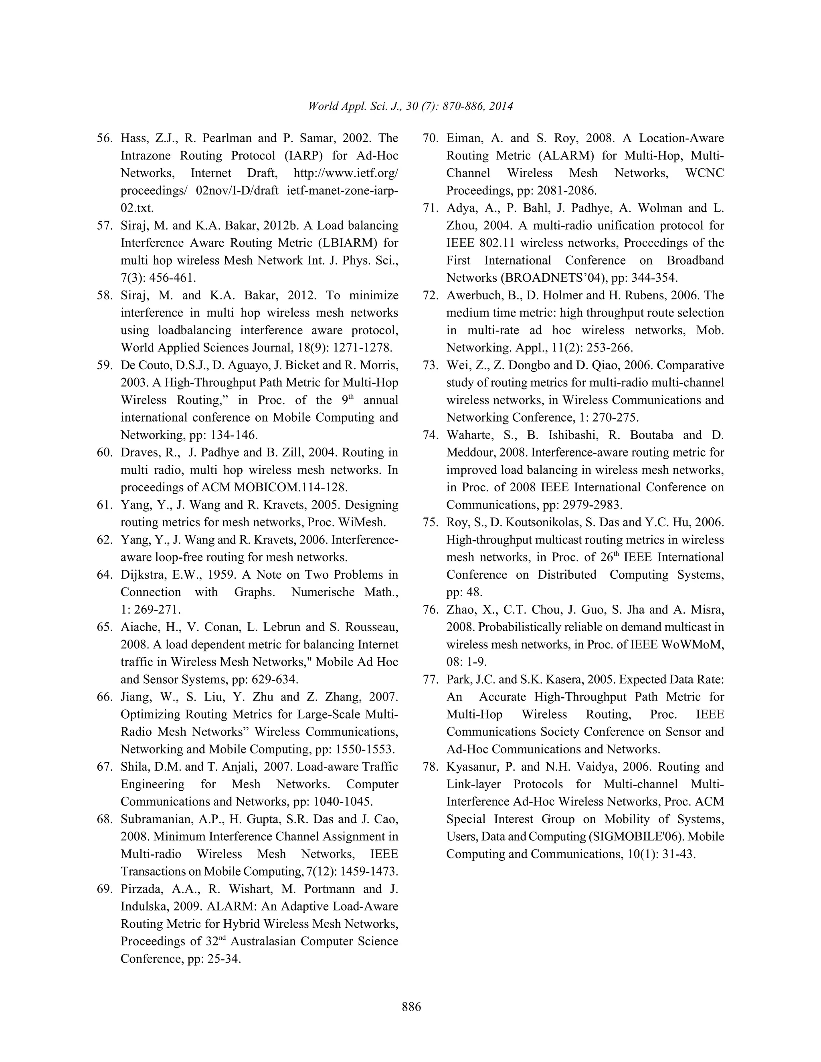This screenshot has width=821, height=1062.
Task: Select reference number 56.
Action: point(105,138)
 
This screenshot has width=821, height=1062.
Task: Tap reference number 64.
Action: point(105,575)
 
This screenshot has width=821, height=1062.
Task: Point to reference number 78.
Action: point(431,767)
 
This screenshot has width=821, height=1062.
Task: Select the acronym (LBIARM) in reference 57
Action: point(346,243)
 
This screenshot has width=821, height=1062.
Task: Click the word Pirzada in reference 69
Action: point(141,889)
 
